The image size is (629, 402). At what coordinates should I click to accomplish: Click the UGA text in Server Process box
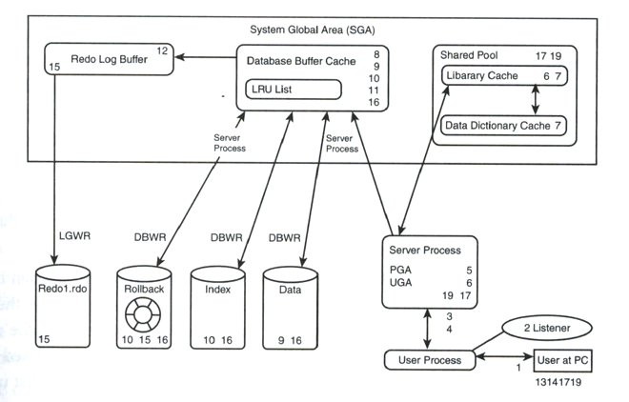point(401,282)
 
